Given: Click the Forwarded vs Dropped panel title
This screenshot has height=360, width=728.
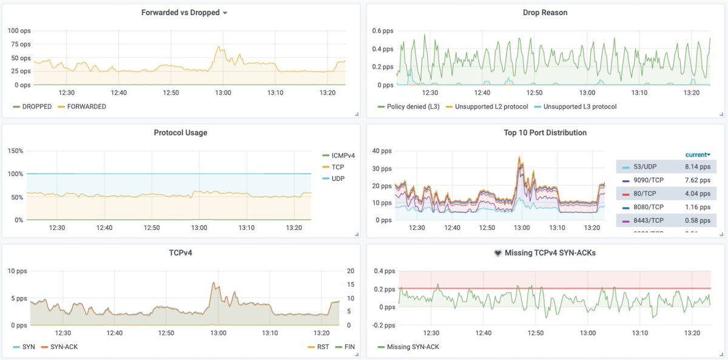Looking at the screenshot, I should [x=180, y=12].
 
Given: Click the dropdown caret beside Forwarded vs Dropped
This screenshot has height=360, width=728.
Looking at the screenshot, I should [x=225, y=13].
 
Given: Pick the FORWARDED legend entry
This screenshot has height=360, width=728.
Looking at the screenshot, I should [x=86, y=106].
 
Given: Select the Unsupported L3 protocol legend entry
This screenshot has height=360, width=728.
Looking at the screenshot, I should [x=580, y=106].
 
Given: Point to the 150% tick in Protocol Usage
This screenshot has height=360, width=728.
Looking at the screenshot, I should [x=15, y=151].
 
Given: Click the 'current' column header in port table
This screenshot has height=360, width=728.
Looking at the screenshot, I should [x=698, y=155].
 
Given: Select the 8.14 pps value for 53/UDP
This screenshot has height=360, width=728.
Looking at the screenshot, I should [x=697, y=166].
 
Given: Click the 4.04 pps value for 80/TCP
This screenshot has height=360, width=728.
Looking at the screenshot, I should [x=697, y=194].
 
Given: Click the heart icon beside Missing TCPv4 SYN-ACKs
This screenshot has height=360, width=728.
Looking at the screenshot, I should [x=497, y=253].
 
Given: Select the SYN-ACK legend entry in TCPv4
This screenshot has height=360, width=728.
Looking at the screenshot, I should [x=63, y=347].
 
